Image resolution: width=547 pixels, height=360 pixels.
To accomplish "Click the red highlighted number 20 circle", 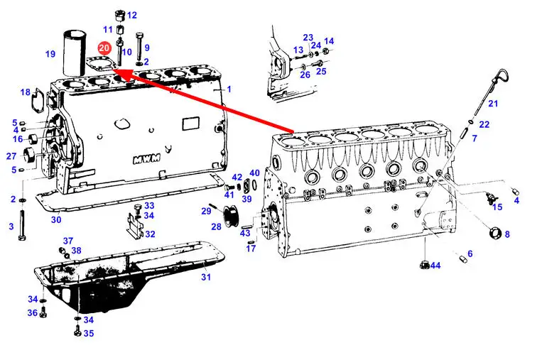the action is point(104,48).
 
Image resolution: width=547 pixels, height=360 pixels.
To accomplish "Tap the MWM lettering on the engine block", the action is point(147,158).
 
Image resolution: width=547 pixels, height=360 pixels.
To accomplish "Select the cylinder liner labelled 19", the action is point(75,53).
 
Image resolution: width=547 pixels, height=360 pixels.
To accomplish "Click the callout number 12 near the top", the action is point(132,16).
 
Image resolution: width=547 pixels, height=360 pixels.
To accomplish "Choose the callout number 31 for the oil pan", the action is point(206,277).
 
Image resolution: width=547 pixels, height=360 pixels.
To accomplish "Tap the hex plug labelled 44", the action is point(425,264).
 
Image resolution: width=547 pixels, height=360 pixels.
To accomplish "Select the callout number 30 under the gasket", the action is point(56,219).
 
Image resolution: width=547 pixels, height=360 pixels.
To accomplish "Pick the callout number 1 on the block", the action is point(229,89).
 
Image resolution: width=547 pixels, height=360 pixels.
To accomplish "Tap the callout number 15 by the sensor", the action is point(497,207).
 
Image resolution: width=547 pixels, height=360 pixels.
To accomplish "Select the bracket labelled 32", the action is point(135,227).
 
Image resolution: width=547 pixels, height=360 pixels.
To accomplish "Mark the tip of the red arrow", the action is point(112,70).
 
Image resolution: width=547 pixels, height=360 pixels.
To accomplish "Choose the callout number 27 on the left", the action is point(11,156).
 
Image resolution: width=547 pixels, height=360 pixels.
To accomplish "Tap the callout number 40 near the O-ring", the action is point(254,173).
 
